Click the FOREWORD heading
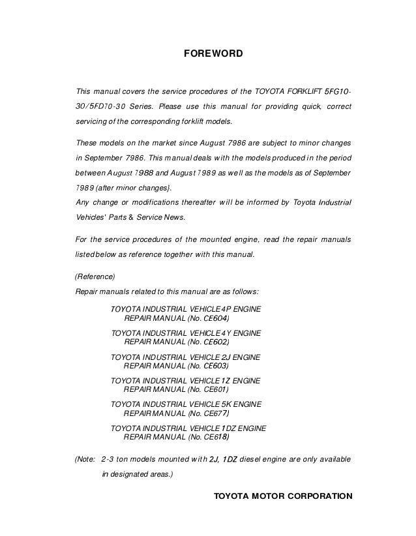(213, 51)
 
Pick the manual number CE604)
(216, 319)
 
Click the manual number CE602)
(216, 342)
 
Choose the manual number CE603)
(216, 366)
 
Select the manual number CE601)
(216, 389)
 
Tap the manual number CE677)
(216, 413)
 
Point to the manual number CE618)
(216, 437)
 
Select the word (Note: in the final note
(87, 459)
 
